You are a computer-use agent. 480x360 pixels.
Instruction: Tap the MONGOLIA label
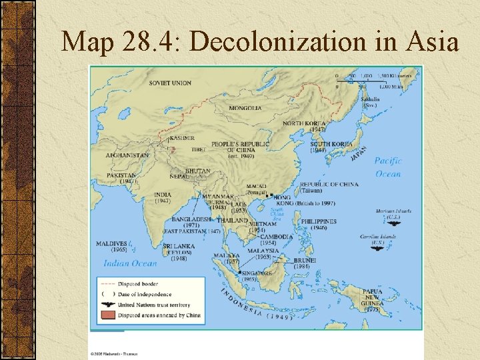click(x=245, y=108)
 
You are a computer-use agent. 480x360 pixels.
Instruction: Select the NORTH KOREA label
click(x=304, y=123)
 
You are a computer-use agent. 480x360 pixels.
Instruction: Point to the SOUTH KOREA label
click(x=331, y=144)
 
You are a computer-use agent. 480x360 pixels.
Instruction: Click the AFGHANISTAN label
click(x=127, y=155)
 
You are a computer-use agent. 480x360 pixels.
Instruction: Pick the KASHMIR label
click(x=182, y=138)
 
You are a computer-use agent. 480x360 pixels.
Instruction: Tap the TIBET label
click(x=199, y=149)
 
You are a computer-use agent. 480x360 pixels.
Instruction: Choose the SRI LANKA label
click(x=179, y=246)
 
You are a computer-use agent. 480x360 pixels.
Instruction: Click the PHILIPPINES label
click(x=319, y=221)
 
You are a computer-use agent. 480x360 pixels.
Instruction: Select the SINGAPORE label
click(x=257, y=273)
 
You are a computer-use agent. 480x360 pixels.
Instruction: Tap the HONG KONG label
click(x=282, y=198)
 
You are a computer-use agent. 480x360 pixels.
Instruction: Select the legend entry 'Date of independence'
click(x=145, y=294)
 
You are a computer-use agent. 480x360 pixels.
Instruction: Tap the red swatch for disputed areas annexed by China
click(x=106, y=315)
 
